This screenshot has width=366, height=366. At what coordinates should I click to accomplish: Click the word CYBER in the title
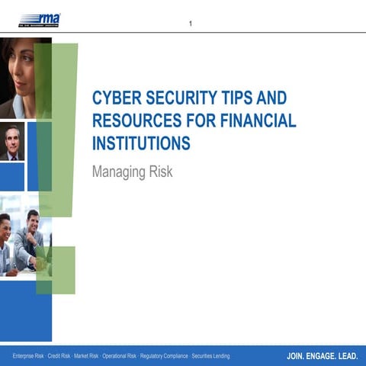pyautogui.click(x=115, y=98)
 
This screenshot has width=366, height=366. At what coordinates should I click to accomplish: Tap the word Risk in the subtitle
pyautogui.click(x=160, y=172)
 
